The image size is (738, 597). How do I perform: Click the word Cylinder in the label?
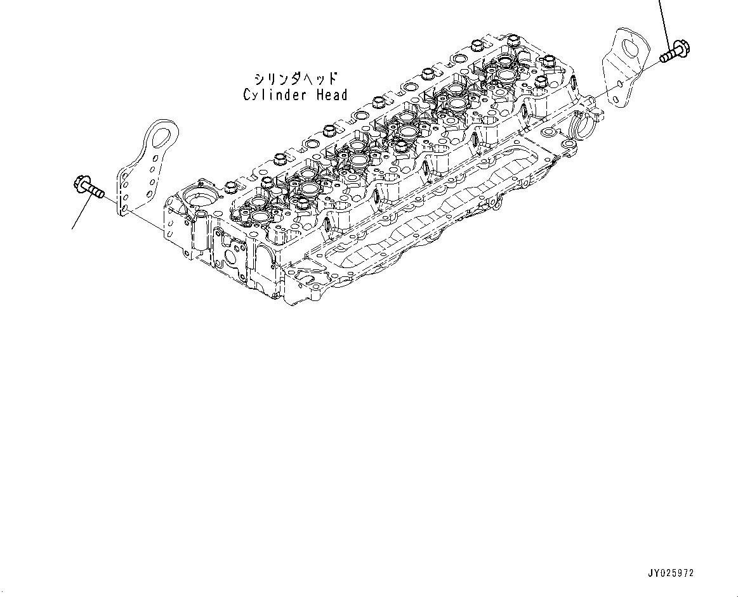tap(273, 95)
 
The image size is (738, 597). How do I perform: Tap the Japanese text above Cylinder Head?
tap(295, 79)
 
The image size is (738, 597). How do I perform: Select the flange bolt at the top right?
tap(675, 51)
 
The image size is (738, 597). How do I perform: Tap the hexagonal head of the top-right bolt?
tap(681, 47)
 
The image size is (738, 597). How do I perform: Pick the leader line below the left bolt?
tap(79, 212)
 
